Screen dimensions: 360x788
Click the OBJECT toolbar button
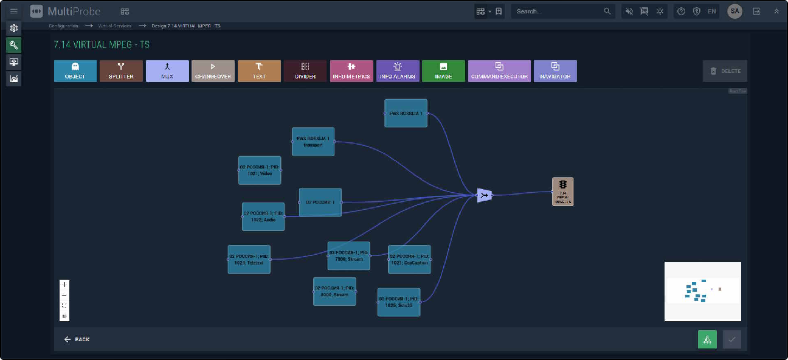coord(75,71)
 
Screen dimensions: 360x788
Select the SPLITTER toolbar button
coord(121,71)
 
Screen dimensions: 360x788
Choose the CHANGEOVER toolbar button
coord(213,71)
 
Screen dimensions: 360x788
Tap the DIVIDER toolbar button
coord(305,71)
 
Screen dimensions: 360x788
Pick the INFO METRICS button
coord(351,71)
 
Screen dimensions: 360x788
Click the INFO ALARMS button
coord(398,71)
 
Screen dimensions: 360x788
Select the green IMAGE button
coord(443,71)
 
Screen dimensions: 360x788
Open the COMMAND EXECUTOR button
coord(499,71)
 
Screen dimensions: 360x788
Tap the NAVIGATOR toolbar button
coord(555,71)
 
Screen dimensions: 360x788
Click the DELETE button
coord(725,71)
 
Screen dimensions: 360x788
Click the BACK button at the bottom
coord(77,339)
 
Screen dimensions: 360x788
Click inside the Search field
coord(556,11)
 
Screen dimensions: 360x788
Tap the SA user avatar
coord(734,11)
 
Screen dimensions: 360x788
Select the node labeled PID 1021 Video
coord(260,170)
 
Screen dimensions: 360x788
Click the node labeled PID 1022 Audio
coord(263,216)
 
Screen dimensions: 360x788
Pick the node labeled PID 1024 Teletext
coord(249,259)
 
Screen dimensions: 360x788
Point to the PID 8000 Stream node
coord(334,291)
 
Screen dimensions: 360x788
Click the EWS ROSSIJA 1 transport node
coord(313,141)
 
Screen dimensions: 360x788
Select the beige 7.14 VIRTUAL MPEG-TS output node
coord(562,192)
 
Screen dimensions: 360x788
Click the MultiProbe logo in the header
coord(65,11)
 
